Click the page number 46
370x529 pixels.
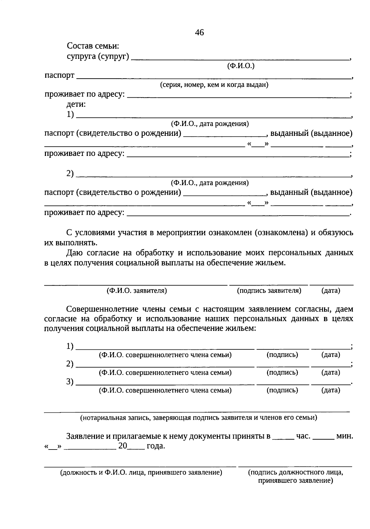click(x=199, y=33)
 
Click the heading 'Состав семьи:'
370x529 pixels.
click(x=93, y=47)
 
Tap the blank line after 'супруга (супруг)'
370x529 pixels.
click(x=240, y=59)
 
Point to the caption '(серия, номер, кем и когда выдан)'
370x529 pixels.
click(x=214, y=85)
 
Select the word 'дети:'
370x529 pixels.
click(x=76, y=104)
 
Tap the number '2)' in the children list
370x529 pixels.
click(x=70, y=174)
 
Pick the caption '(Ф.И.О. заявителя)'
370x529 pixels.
click(x=137, y=291)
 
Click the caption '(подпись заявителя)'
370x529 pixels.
click(x=269, y=291)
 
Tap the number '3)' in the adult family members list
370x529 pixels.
click(x=70, y=382)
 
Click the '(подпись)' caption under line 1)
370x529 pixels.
click(x=282, y=355)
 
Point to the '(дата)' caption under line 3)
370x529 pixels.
click(x=331, y=390)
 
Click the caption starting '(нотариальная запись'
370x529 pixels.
click(x=199, y=418)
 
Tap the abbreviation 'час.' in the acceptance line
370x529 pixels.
click(x=303, y=436)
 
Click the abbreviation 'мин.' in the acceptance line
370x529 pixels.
click(x=344, y=436)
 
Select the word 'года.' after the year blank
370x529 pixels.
click(x=156, y=446)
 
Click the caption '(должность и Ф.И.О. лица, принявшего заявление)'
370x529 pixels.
click(x=141, y=473)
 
